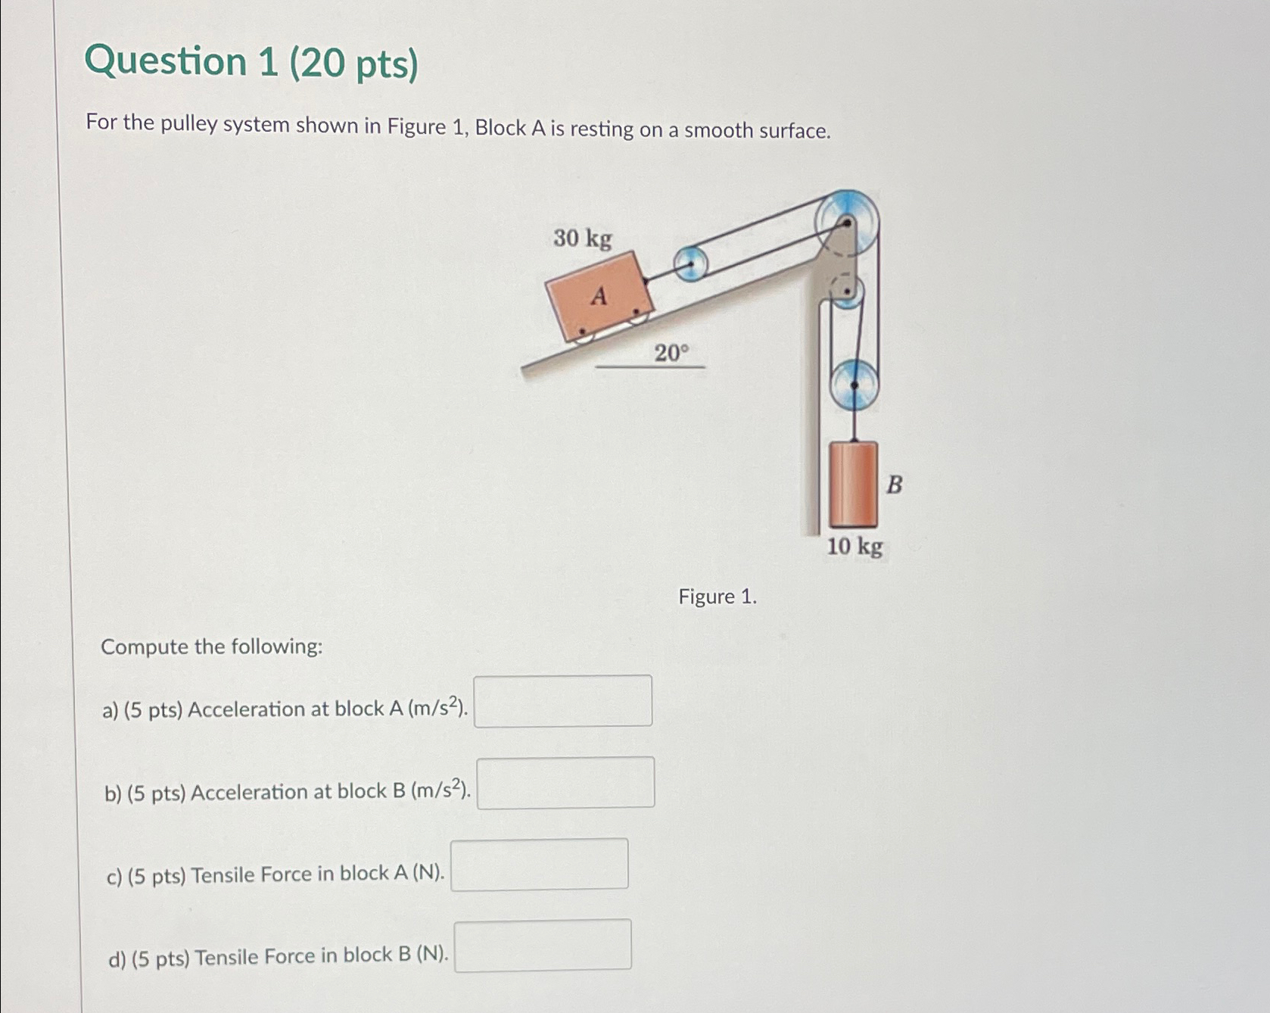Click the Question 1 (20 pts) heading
[x=251, y=62]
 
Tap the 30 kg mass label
[x=582, y=238]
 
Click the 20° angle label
[x=671, y=352]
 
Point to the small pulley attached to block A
[x=689, y=264]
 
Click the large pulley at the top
[x=847, y=223]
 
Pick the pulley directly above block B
[x=854, y=385]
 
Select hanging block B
[x=853, y=485]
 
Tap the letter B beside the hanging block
[x=894, y=485]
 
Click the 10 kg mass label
[x=854, y=546]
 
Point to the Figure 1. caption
[x=717, y=597]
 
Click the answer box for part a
[x=562, y=701]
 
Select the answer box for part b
[x=565, y=783]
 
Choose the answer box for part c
[x=539, y=864]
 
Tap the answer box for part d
[x=542, y=945]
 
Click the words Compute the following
[x=211, y=647]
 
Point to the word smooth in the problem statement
[x=718, y=130]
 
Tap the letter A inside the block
[x=599, y=296]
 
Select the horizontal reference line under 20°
[x=649, y=366]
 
